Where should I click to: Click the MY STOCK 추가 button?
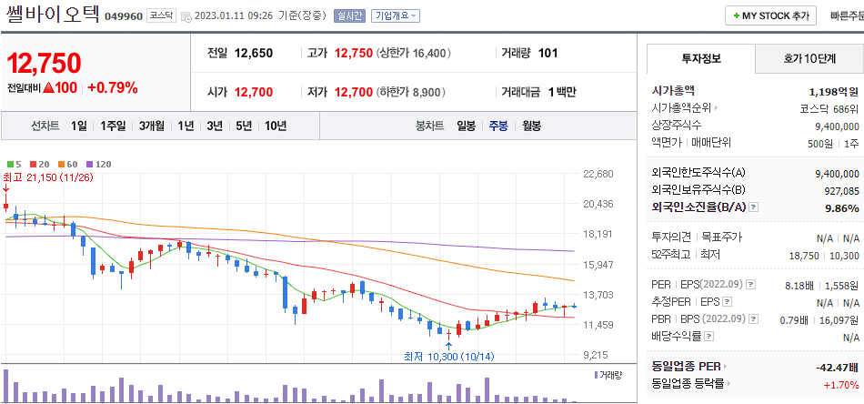tap(770, 16)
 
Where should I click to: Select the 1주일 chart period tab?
tap(113, 126)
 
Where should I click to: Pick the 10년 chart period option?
tap(275, 126)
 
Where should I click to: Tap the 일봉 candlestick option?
tap(466, 126)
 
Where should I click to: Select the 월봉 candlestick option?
tap(531, 126)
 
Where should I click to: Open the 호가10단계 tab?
tap(809, 59)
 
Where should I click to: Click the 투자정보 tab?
tap(700, 59)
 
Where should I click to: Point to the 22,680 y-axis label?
tap(598, 174)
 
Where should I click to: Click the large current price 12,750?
tap(44, 64)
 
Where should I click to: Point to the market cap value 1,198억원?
tap(833, 91)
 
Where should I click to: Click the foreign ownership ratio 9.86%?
tap(839, 207)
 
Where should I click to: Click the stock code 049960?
tap(123, 16)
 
